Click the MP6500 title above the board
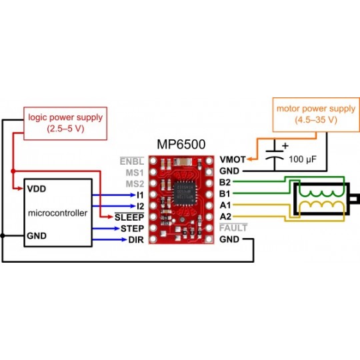[181, 144]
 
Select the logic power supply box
[65, 123]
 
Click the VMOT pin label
[231, 160]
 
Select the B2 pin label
[225, 182]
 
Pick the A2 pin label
[225, 216]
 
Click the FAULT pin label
[233, 227]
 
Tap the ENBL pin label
[131, 160]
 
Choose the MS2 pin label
[134, 183]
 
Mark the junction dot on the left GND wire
[3, 235]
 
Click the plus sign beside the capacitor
[286, 146]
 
